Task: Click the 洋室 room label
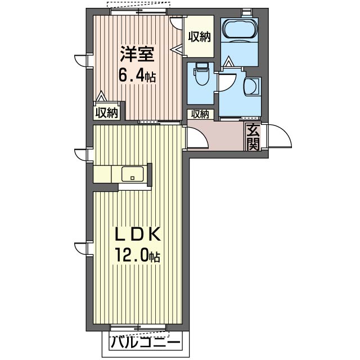[x=137, y=54]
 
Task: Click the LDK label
[x=137, y=234]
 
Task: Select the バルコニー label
[x=145, y=344]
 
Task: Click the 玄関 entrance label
[x=253, y=136]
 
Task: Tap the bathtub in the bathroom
[x=240, y=29]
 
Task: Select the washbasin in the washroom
[x=252, y=86]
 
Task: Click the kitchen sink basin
[x=132, y=174]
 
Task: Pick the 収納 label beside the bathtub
[x=200, y=37]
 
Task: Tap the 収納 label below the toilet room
[x=200, y=114]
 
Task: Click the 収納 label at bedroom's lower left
[x=106, y=112]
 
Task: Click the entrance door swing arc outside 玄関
[x=283, y=132]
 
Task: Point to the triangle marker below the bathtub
[x=228, y=61]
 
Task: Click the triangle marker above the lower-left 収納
[x=101, y=96]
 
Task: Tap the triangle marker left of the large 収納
[x=178, y=49]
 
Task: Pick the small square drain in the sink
[x=132, y=178]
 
